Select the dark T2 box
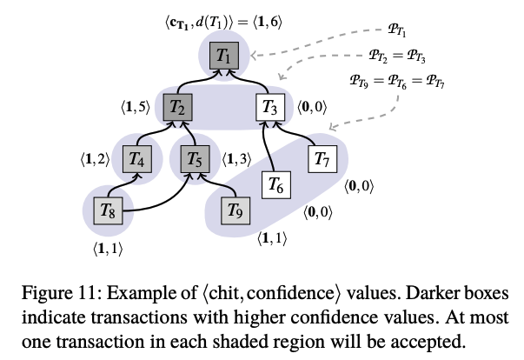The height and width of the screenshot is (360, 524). (176, 108)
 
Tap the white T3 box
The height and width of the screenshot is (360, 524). (269, 108)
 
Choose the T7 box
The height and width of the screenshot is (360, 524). (322, 159)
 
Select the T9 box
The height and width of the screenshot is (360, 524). (232, 210)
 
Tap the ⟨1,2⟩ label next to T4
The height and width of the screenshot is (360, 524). (95, 159)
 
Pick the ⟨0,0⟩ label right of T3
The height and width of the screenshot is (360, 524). (313, 108)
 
